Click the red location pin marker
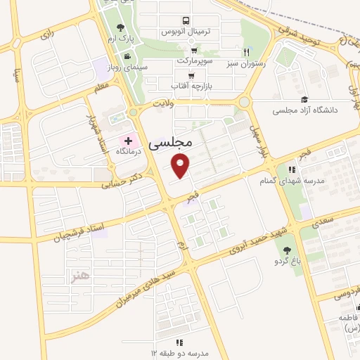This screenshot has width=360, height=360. point(181,166)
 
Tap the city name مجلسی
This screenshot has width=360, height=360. point(171,142)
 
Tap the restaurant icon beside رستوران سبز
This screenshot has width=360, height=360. point(246,51)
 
